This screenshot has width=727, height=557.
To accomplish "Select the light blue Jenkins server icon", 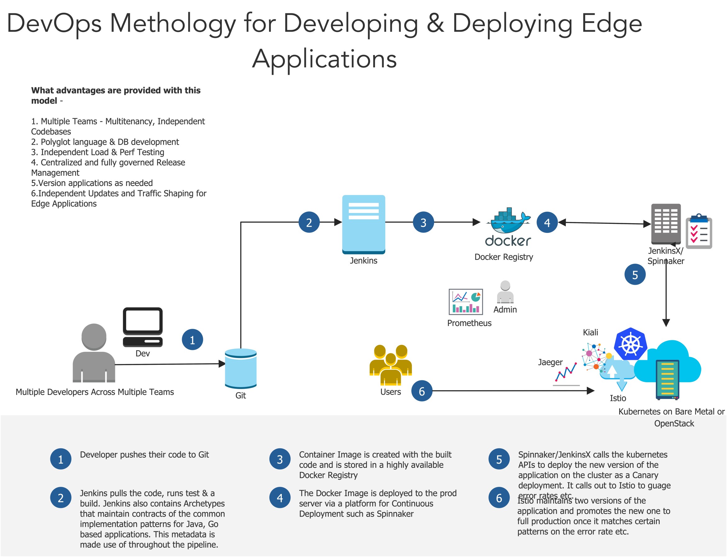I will (x=363, y=224).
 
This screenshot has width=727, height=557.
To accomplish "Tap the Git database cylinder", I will (x=240, y=368).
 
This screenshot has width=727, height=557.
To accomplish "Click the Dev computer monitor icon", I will (x=143, y=327).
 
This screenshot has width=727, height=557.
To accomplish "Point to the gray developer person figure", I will (x=94, y=353).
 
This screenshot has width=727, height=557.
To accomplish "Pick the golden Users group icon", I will (x=391, y=365).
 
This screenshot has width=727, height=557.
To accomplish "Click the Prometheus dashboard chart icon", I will (x=465, y=302).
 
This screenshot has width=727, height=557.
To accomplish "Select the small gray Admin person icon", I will (x=505, y=292).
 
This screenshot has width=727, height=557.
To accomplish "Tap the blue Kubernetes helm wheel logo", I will (x=630, y=344).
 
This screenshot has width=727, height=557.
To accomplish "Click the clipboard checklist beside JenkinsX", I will (x=699, y=231).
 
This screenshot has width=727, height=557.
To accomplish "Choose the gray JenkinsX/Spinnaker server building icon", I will (x=665, y=224).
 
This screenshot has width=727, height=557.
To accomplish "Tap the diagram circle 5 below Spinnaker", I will (x=635, y=274).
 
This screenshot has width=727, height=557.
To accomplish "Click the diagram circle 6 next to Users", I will (x=421, y=391).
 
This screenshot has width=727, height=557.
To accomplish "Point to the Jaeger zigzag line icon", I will (x=566, y=373).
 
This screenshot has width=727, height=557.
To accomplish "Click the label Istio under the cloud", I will (x=618, y=398).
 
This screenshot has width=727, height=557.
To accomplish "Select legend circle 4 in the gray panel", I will (x=280, y=498).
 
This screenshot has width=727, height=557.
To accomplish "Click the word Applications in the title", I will (x=324, y=59).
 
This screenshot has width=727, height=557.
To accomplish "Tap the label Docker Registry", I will (x=504, y=257).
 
